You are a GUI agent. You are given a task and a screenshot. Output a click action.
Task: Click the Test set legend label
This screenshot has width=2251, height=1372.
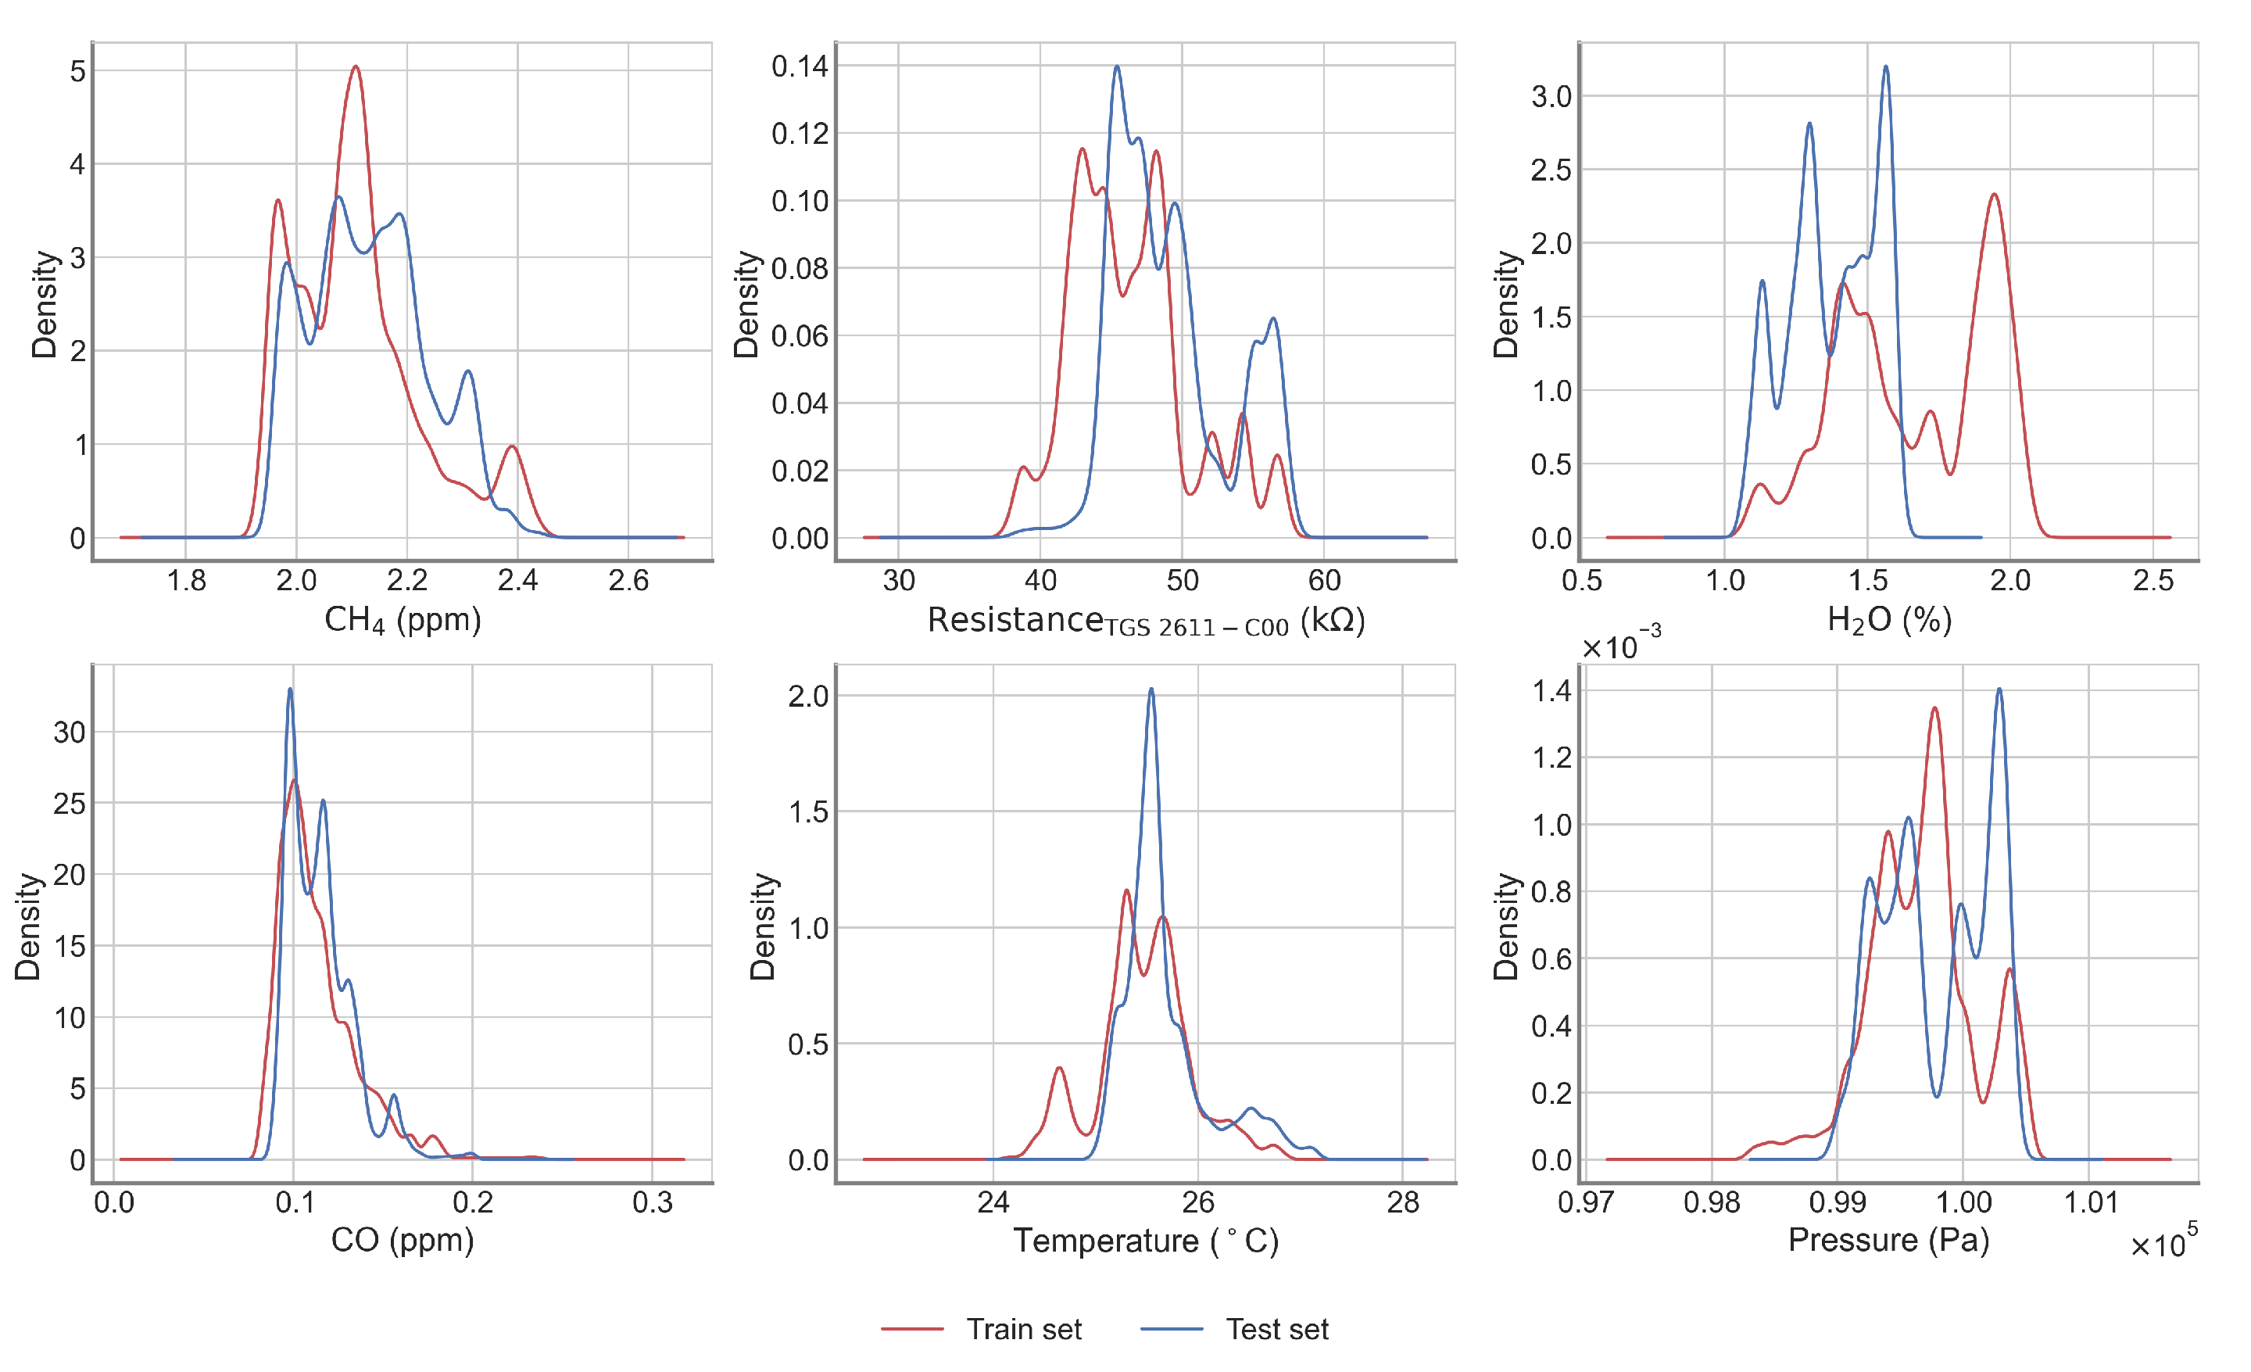tap(1276, 1329)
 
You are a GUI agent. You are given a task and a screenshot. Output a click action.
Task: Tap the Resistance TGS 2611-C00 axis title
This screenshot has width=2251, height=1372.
tap(1146, 622)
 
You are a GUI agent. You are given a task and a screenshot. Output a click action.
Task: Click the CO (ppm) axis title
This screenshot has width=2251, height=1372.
tap(402, 1241)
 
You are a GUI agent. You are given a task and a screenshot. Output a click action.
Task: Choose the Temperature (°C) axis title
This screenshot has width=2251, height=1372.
tap(1146, 1241)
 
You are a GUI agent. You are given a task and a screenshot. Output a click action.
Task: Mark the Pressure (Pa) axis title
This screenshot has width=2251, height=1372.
tap(1888, 1241)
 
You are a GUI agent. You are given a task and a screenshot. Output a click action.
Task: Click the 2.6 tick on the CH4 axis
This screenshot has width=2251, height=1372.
tap(628, 580)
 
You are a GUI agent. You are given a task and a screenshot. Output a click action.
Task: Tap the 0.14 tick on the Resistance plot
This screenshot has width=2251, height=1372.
tap(800, 66)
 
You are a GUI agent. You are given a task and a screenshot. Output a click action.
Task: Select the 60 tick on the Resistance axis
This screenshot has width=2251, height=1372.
tap(1324, 580)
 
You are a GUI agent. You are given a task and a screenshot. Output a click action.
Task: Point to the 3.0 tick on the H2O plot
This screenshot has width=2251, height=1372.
tap(1551, 96)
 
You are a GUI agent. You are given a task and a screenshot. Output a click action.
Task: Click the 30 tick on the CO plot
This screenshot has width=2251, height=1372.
tap(70, 732)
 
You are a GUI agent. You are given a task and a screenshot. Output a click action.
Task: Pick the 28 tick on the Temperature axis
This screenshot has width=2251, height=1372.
tap(1403, 1202)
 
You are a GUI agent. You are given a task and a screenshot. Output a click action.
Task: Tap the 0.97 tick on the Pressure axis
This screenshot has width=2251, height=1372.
tap(1586, 1202)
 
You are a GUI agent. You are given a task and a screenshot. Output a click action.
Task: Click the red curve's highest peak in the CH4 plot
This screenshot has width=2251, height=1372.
tap(356, 66)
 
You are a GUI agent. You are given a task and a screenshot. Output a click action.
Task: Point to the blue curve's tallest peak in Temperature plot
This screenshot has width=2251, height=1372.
tap(1151, 689)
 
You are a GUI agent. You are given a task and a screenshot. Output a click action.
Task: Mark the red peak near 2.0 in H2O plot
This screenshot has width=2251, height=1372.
tap(1995, 195)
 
